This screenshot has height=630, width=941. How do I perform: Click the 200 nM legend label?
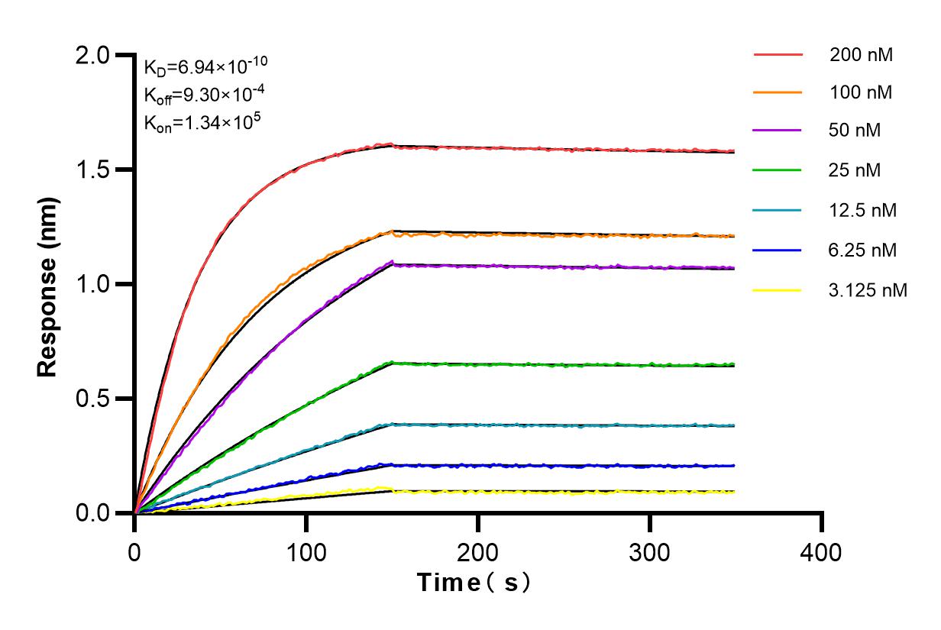[862, 55]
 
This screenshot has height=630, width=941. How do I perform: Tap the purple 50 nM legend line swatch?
[778, 131]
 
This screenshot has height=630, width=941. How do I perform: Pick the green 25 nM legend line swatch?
[778, 170]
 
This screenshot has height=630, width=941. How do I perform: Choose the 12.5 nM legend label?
[863, 210]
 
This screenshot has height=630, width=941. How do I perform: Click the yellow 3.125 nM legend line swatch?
[778, 290]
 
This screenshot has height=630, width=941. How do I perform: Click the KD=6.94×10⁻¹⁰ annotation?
[205, 66]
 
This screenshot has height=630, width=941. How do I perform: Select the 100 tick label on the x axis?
[306, 551]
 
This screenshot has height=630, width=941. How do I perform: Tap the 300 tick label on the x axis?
[650, 551]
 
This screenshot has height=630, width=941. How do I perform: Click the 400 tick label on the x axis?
[822, 551]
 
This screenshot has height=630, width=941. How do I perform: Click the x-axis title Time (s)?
[474, 583]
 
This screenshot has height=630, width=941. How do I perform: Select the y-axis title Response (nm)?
[48, 284]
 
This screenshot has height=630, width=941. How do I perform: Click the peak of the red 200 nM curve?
[391, 144]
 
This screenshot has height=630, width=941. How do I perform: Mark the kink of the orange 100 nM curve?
[392, 231]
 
